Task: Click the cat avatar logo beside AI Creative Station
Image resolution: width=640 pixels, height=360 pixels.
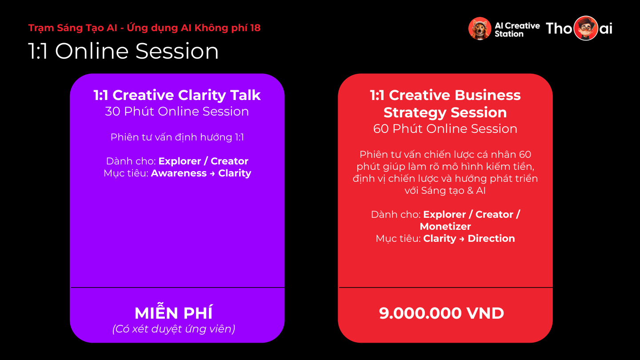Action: coord(480,28)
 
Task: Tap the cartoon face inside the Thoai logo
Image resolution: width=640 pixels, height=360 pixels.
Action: coord(586,28)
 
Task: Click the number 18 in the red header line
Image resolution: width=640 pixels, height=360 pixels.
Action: coord(255,28)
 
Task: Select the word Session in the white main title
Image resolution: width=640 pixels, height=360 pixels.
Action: coord(177,51)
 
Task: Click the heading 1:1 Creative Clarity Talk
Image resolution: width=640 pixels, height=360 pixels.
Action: coord(177,95)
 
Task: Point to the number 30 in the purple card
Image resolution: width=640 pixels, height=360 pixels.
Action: coord(112,112)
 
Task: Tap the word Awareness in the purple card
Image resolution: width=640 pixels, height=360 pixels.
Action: coord(179,173)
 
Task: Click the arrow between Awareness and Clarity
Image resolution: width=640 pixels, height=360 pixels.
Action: coord(212,174)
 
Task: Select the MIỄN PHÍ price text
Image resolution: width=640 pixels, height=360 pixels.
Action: coord(174,313)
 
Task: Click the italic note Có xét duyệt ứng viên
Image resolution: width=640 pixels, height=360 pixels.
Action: coord(174,329)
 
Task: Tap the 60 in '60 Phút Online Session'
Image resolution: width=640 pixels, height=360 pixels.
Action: coord(380,129)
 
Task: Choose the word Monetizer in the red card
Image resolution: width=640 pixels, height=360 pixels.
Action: coord(445,227)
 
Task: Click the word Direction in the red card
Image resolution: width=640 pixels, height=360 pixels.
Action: coord(491,239)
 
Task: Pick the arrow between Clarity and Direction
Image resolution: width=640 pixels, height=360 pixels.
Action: coord(462,239)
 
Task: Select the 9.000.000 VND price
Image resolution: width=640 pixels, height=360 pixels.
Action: coord(441,313)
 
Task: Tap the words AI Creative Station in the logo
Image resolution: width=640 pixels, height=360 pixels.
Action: coord(517,30)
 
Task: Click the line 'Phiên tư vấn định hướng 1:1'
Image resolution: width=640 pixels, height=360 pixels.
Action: coord(177,137)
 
